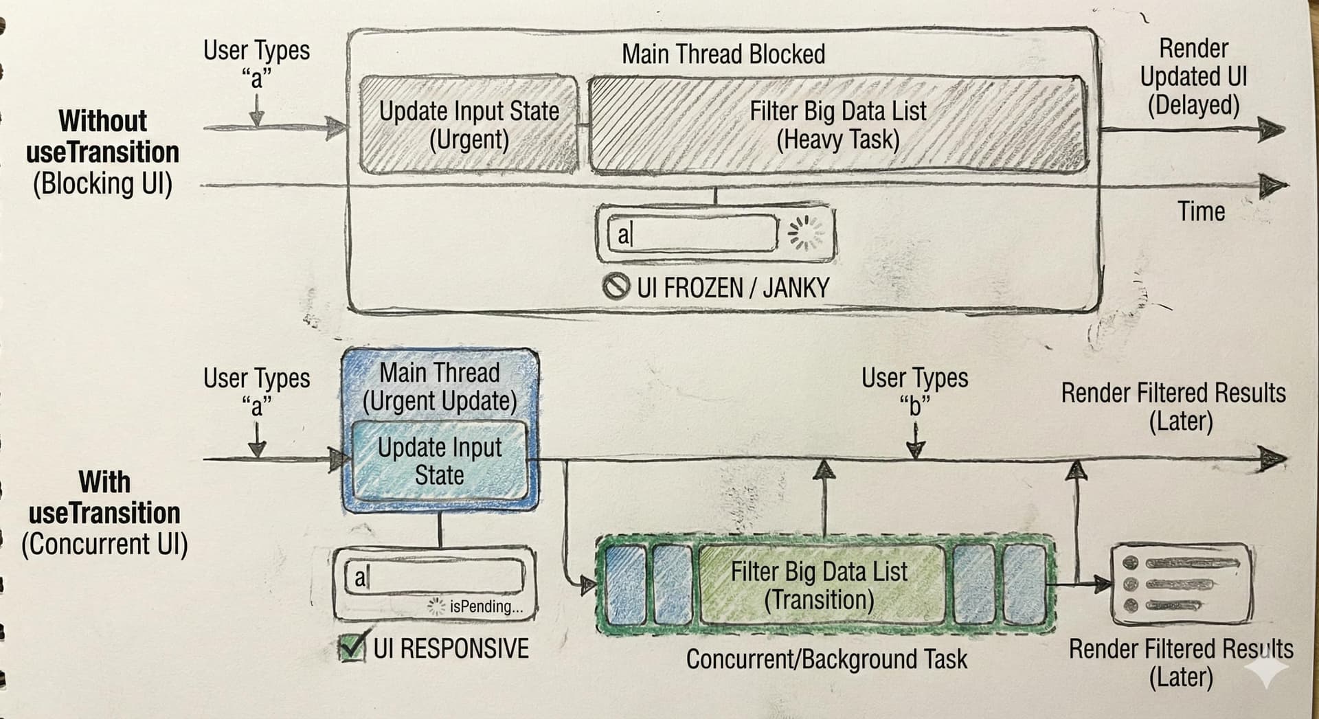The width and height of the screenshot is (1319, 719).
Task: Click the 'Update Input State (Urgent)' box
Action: (469, 124)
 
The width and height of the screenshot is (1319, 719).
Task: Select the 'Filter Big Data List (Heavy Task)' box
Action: (837, 124)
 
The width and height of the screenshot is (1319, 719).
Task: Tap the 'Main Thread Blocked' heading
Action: (723, 54)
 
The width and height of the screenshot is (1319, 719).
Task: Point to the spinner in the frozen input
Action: (805, 233)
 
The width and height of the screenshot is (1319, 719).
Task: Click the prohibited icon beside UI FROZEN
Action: (616, 286)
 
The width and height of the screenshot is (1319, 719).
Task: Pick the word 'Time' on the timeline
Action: (1201, 212)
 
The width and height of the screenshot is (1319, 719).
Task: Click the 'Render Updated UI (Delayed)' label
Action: (1193, 77)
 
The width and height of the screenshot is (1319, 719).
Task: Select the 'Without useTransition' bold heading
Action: (103, 137)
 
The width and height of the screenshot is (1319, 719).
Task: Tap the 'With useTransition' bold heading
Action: (104, 497)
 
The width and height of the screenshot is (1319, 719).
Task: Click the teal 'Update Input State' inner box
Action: (440, 461)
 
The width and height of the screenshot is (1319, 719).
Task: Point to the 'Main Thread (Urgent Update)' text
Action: (440, 387)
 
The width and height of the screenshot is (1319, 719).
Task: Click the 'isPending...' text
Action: (486, 606)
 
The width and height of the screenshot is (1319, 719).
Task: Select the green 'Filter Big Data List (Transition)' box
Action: (820, 585)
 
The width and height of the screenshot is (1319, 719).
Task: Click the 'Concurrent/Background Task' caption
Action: (826, 659)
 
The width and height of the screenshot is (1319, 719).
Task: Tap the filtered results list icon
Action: (1181, 584)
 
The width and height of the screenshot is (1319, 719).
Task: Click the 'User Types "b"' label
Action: (914, 391)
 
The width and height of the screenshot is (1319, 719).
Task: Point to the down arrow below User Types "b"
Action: (916, 442)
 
